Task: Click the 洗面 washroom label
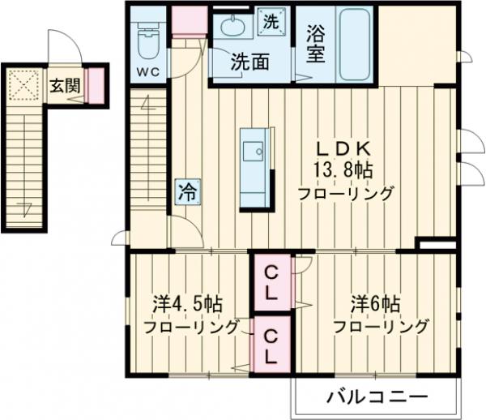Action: pos(249,61)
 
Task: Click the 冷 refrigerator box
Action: pos(185,194)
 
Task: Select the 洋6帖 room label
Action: pos(375,305)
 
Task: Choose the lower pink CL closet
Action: pos(271,346)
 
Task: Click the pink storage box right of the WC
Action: pos(187,23)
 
